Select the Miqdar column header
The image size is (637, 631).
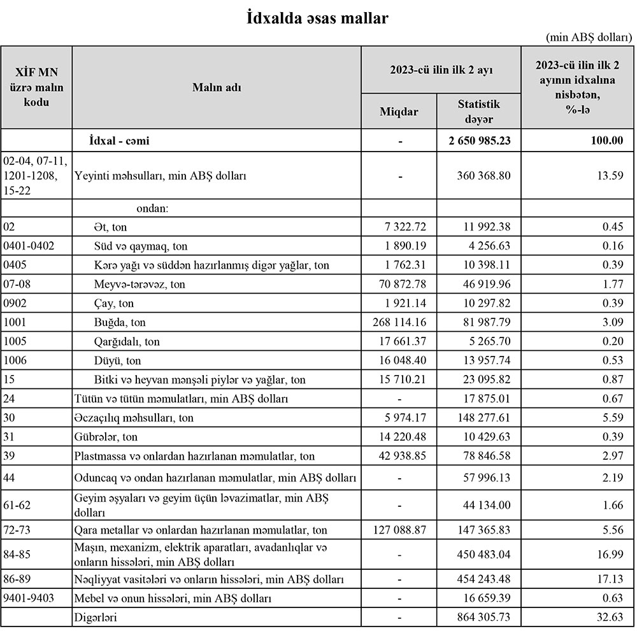click(399, 111)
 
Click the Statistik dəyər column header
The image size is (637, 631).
click(478, 111)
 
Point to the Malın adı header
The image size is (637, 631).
click(217, 87)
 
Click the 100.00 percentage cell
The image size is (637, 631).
click(607, 141)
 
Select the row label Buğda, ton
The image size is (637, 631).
click(119, 323)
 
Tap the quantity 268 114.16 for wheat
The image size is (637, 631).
click(400, 323)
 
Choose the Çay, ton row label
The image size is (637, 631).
click(113, 304)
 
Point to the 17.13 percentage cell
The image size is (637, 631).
click(611, 579)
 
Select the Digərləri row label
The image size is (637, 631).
click(96, 617)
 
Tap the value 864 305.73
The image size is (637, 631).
click(484, 617)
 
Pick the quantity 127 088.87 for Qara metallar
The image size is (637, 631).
click(400, 530)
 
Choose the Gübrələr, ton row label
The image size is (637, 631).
click(106, 437)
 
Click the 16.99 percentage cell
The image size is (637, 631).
click(611, 555)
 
